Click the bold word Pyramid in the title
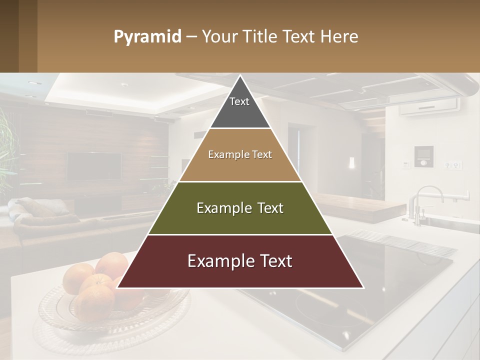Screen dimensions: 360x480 147,37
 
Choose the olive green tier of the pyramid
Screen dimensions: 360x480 240,220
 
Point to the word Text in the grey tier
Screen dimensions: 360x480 239,101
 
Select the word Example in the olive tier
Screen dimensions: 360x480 219,208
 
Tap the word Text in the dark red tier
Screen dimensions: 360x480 273,261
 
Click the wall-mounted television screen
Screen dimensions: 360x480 94,166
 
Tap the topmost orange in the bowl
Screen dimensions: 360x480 112,264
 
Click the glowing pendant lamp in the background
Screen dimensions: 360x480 351,163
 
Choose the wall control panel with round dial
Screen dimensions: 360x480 424,156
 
